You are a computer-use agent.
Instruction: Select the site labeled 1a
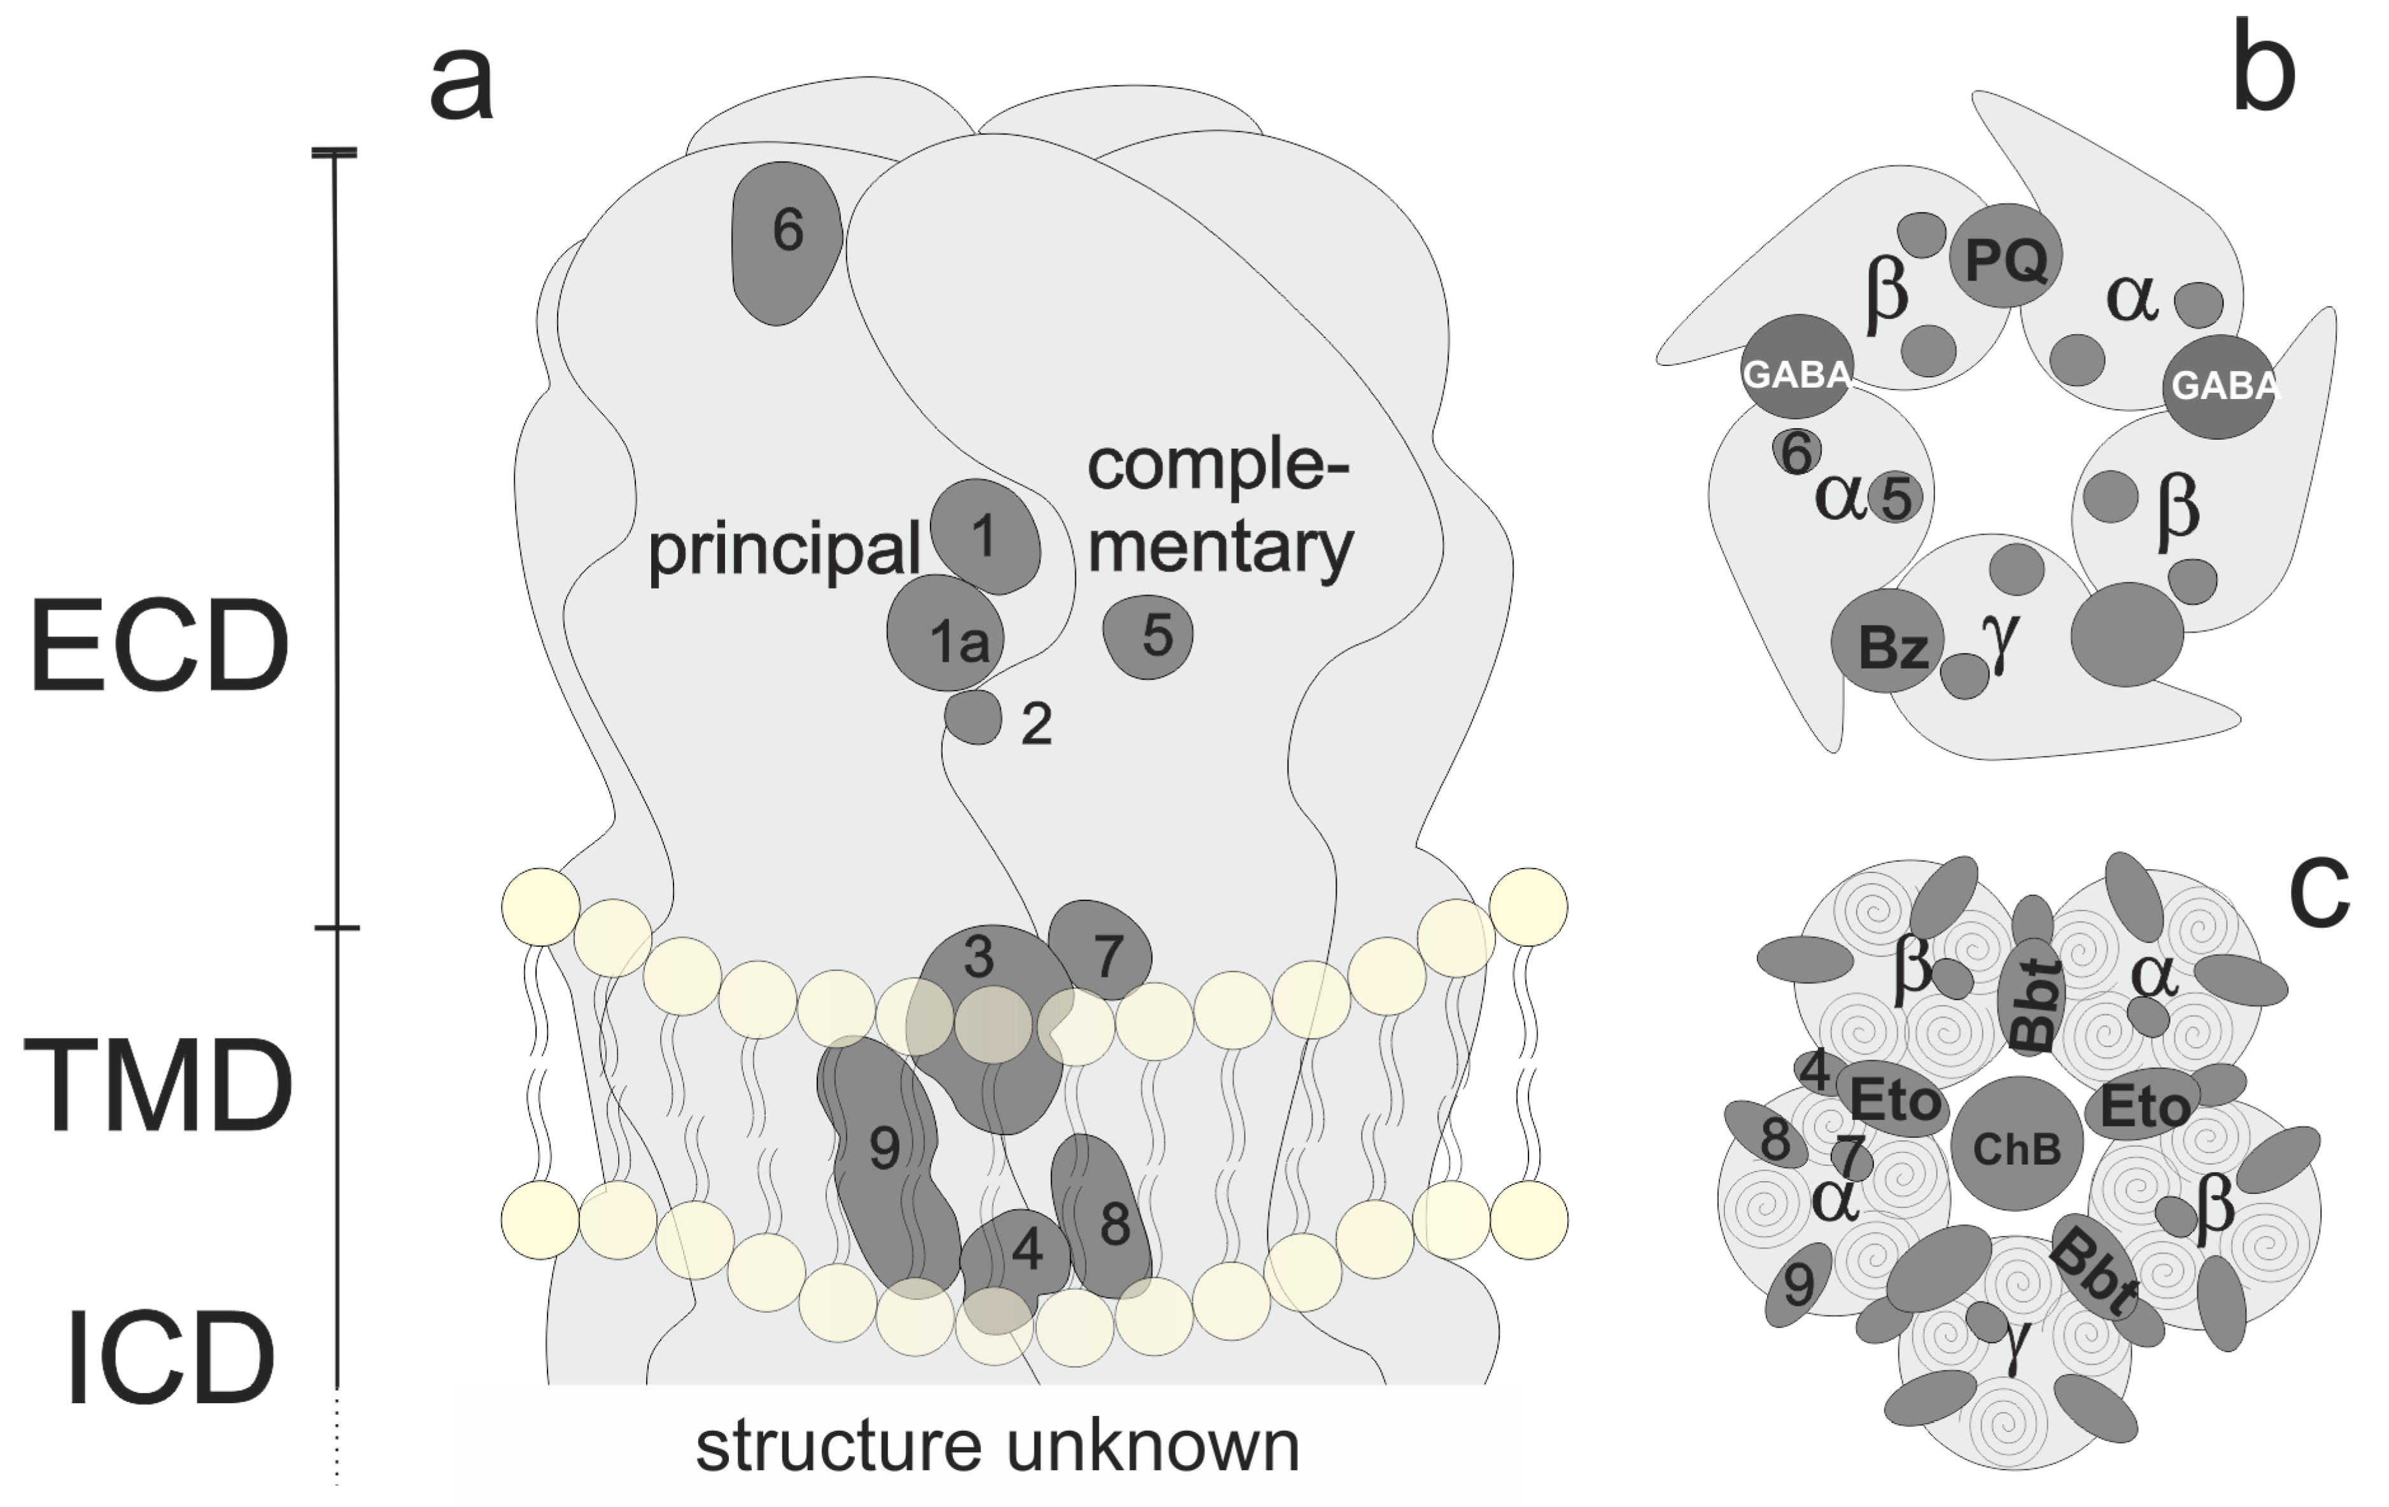(947, 635)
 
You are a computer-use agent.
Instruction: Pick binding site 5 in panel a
(1149, 636)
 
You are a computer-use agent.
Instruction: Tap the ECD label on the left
(159, 645)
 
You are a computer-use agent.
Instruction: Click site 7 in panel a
(1103, 950)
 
